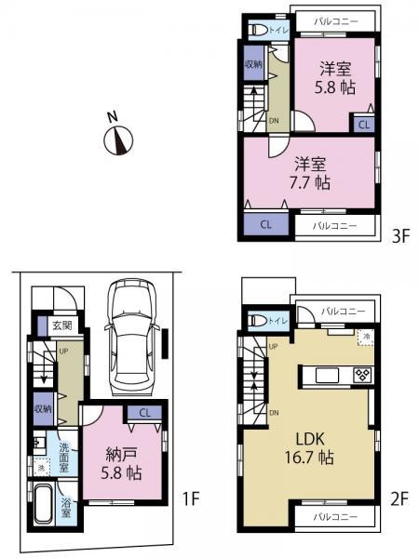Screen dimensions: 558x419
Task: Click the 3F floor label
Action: [x=401, y=236]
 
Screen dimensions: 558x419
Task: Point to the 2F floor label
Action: [x=400, y=499]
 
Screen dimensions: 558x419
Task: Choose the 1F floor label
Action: [x=191, y=499]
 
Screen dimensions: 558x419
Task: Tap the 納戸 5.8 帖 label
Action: [x=121, y=462]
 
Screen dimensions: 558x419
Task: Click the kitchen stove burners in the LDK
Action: [x=362, y=375]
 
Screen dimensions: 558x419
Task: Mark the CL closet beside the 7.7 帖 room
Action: [x=265, y=224]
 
